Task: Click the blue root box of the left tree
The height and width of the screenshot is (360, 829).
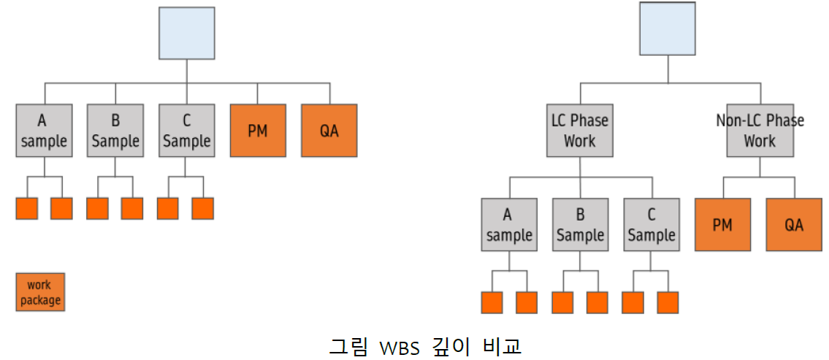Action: (x=187, y=33)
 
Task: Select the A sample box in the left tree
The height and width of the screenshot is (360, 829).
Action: (x=44, y=130)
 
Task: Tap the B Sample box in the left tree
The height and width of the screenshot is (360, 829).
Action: (x=115, y=130)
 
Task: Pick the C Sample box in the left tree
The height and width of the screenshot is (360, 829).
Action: (x=187, y=130)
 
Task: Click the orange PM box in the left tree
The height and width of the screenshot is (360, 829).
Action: (x=258, y=130)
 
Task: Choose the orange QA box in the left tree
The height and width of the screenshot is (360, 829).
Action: (x=329, y=130)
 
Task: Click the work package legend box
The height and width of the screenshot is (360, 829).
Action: (x=40, y=292)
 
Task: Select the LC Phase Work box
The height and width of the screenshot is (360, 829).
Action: (x=579, y=130)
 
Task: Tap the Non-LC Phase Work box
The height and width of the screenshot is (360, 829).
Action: (x=760, y=130)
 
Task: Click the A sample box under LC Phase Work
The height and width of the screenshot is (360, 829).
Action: (x=509, y=225)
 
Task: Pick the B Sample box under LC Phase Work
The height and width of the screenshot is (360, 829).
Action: (x=581, y=225)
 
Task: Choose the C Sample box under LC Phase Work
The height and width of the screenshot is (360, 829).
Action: (x=652, y=225)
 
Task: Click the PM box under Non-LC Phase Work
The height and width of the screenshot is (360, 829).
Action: (x=722, y=225)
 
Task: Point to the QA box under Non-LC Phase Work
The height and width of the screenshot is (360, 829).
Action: (x=794, y=225)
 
